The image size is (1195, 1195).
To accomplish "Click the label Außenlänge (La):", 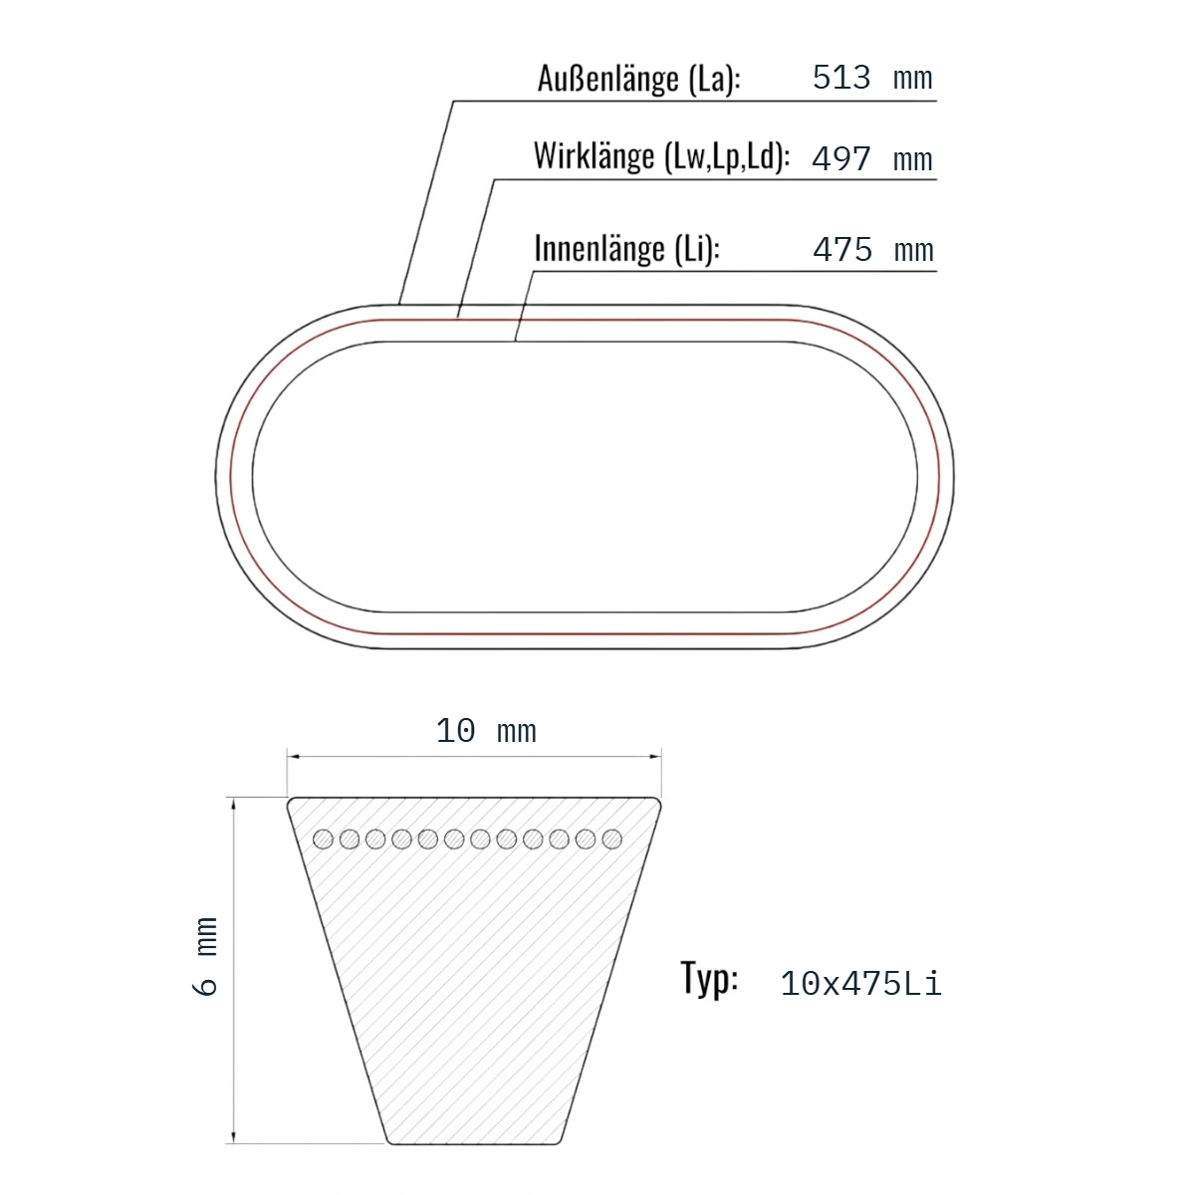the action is pos(638,79).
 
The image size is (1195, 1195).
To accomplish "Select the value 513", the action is pos(841,78).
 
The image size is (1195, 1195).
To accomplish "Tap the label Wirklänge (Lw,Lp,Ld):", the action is pos(661,156).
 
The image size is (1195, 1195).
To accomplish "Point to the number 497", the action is pos(841,158).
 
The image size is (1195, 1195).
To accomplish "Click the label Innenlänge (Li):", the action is pos(627,249).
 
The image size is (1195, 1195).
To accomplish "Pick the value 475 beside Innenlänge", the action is pos(842,250).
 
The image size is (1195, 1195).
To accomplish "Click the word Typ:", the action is pos(709,979).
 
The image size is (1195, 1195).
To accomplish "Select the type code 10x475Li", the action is pos(860,984).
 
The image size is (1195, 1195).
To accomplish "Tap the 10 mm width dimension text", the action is pos(486,731).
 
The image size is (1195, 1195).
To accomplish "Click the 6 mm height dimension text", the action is pos(206,956).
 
